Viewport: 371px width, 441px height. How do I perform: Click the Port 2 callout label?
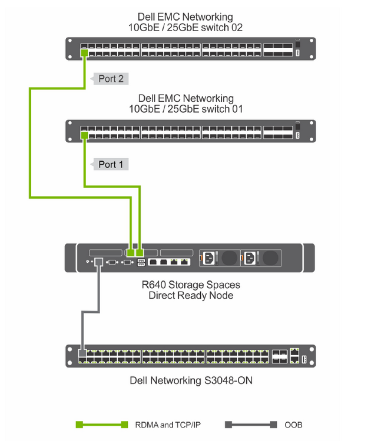pyautogui.click(x=110, y=79)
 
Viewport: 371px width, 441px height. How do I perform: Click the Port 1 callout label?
pyautogui.click(x=110, y=164)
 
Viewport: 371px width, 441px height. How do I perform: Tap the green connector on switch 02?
pyautogui.click(x=84, y=53)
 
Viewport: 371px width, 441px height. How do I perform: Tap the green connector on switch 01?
pyautogui.click(x=84, y=135)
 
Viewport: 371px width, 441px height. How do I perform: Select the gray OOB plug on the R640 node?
pyautogui.click(x=98, y=262)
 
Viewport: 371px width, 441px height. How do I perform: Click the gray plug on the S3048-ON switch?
pyautogui.click(x=82, y=353)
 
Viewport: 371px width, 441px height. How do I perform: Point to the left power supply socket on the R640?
pyautogui.click(x=208, y=258)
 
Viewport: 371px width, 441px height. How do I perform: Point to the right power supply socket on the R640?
pyautogui.click(x=250, y=258)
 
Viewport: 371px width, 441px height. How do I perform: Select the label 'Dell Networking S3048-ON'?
pyautogui.click(x=191, y=380)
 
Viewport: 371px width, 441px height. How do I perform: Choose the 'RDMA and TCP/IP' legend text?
pyautogui.click(x=168, y=425)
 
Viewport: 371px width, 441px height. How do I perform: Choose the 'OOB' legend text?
pyautogui.click(x=293, y=425)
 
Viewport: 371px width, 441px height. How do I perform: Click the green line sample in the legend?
pyautogui.click(x=102, y=425)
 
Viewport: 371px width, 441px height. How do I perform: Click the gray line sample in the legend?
pyautogui.click(x=251, y=425)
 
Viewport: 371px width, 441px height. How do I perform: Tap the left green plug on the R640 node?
pyautogui.click(x=130, y=253)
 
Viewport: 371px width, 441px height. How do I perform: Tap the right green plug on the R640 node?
pyautogui.click(x=140, y=253)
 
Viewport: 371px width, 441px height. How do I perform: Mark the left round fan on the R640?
pyautogui.click(x=229, y=258)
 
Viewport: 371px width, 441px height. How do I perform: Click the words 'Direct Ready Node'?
pyautogui.click(x=191, y=295)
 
